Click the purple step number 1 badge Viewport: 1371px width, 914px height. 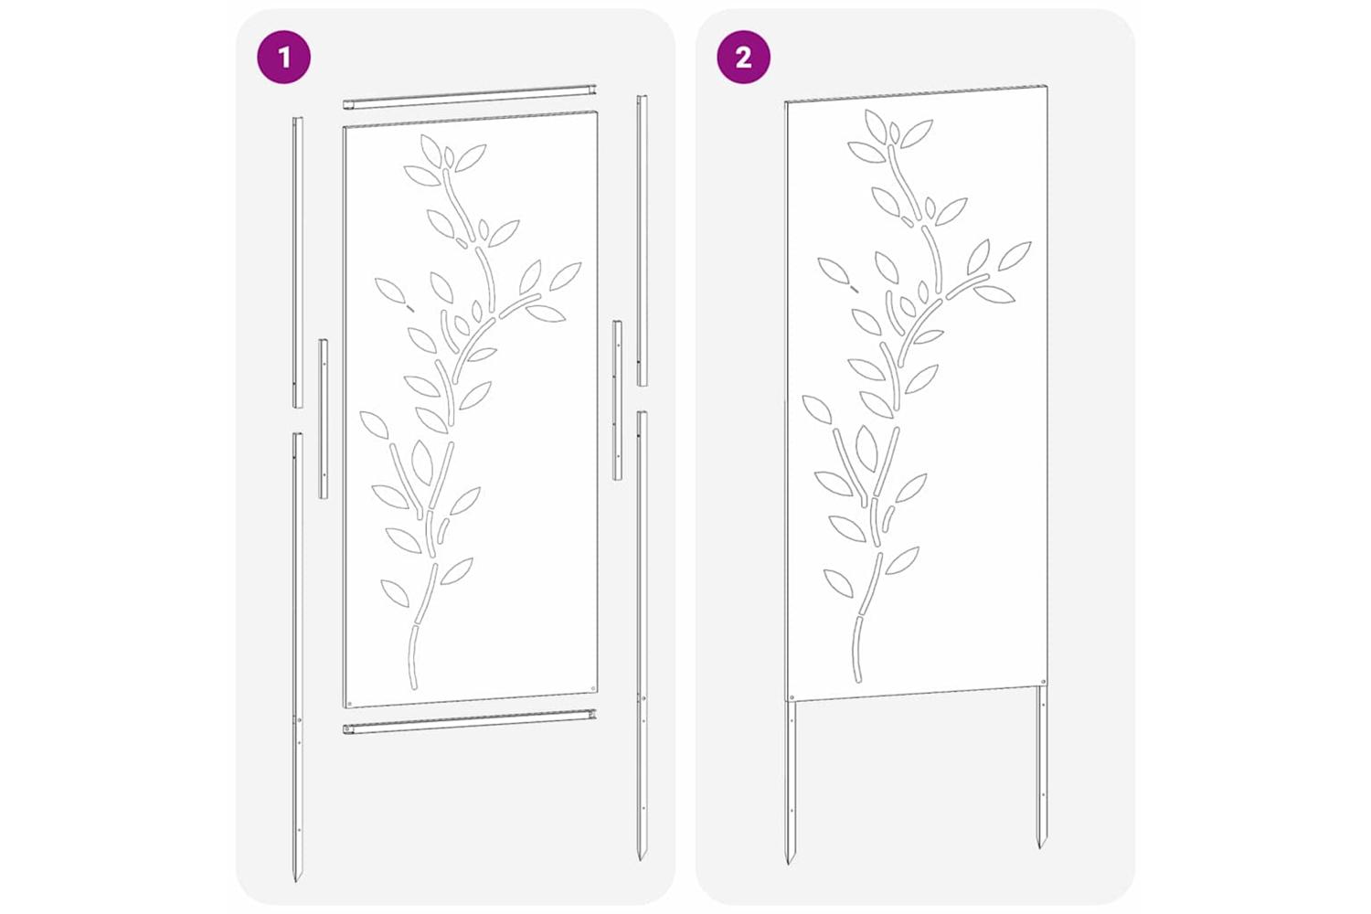click(283, 58)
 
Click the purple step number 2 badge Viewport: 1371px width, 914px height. click(744, 58)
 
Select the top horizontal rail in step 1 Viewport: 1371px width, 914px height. click(469, 98)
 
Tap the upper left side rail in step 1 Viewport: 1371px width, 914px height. click(297, 262)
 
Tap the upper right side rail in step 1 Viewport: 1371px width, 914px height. click(642, 240)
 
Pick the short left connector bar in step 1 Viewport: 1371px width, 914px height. click(323, 418)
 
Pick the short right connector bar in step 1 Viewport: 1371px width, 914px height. click(618, 400)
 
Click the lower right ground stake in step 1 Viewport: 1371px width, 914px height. click(642, 635)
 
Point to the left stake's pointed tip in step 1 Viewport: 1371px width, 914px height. click(295, 882)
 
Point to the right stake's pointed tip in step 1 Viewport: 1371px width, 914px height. click(641, 860)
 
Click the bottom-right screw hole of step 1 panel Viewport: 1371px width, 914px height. click(592, 688)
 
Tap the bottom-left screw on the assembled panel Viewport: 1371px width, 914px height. click(792, 696)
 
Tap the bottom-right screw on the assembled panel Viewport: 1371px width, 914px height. click(1043, 680)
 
